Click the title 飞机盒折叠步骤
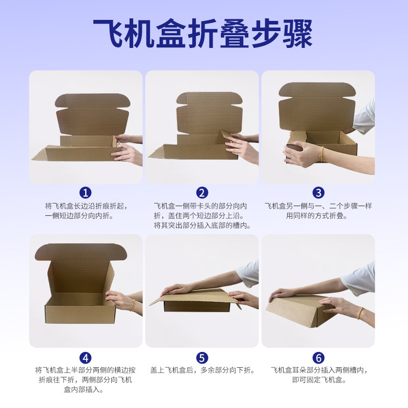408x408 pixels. (202, 33)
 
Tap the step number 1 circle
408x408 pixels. (85, 193)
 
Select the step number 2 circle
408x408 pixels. (202, 193)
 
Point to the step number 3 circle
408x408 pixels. (318, 193)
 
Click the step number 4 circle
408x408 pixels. (85, 358)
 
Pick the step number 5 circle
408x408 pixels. (202, 358)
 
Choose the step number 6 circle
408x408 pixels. (318, 358)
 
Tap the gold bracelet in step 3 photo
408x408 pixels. (322, 154)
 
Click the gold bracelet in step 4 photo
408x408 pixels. (133, 305)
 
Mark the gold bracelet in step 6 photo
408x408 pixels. (360, 313)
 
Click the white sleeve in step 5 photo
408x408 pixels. (248, 273)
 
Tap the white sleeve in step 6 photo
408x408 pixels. (359, 279)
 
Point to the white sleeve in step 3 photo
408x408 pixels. (365, 117)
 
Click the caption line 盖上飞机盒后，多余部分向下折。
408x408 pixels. (202, 370)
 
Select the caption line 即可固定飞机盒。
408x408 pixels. (319, 380)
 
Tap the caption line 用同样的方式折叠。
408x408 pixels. (317, 216)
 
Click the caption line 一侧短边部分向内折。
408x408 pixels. (79, 216)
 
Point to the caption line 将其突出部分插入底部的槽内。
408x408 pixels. (202, 225)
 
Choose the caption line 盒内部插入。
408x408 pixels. (84, 390)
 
